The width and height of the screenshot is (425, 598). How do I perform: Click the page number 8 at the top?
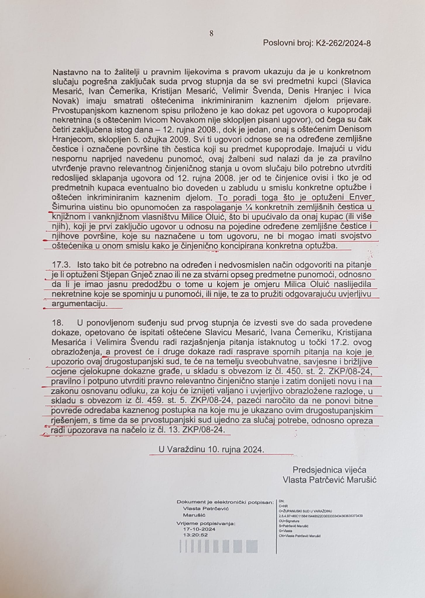pos(211,34)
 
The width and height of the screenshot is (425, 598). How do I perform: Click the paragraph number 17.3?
pos(61,265)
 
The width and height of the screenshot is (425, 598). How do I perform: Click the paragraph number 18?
pos(58,323)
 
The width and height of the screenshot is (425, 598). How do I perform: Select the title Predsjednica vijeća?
pos(329,470)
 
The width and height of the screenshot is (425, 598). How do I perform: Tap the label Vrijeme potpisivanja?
pos(206,524)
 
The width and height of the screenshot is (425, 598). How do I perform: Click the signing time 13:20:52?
pos(195,535)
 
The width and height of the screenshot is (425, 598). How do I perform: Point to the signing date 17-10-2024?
pos(199,529)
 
